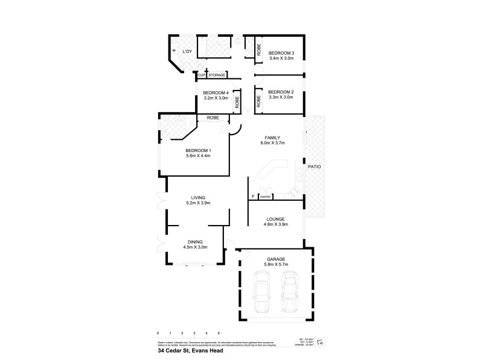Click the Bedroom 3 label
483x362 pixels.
click(281, 52)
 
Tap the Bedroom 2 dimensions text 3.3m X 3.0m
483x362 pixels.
click(280, 97)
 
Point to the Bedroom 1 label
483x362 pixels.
click(197, 150)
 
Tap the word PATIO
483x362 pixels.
click(314, 166)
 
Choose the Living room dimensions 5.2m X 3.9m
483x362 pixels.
click(198, 203)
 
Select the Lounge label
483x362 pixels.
click(274, 218)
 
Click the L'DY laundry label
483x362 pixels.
click(187, 52)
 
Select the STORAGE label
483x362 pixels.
click(217, 75)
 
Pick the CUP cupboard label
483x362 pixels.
click(202, 75)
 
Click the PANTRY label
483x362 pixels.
click(266, 197)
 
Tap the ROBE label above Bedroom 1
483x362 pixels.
click(213, 118)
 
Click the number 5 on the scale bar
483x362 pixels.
click(219, 333)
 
